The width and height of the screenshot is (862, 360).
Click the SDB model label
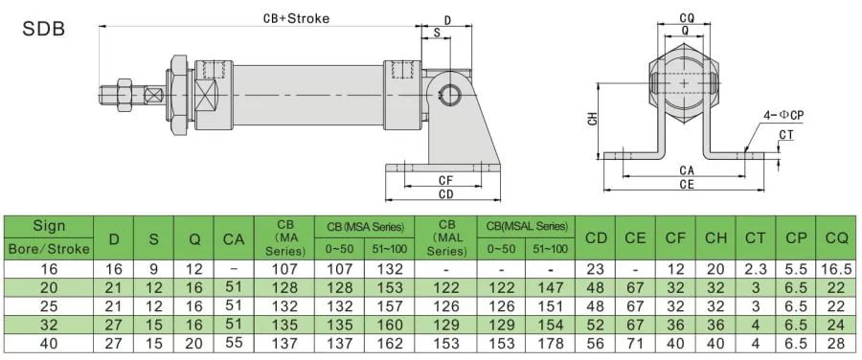pyautogui.click(x=43, y=29)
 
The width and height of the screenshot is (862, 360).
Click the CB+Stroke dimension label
pyautogui.click(x=296, y=18)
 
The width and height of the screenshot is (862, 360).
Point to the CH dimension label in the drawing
pyautogui.click(x=592, y=120)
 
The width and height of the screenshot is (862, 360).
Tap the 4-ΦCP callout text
pyautogui.click(x=783, y=116)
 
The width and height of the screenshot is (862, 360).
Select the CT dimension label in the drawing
pyautogui.click(x=786, y=135)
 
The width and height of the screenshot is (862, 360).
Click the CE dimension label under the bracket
pyautogui.click(x=687, y=185)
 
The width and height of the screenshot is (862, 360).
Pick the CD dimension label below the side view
pyautogui.click(x=445, y=194)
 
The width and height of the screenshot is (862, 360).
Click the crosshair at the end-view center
pyautogui.click(x=683, y=83)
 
